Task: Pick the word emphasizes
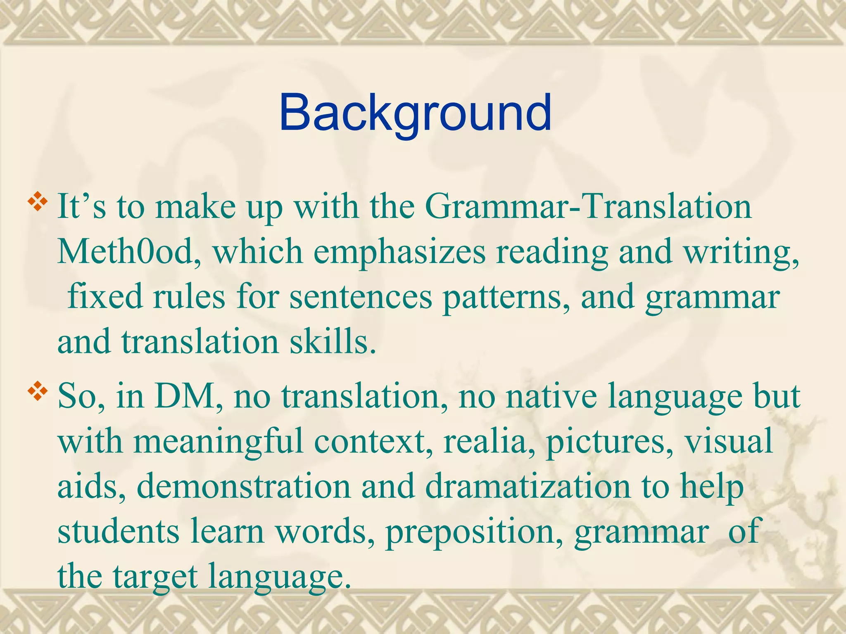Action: (399, 253)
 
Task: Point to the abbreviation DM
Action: (188, 396)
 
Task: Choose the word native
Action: (551, 396)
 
